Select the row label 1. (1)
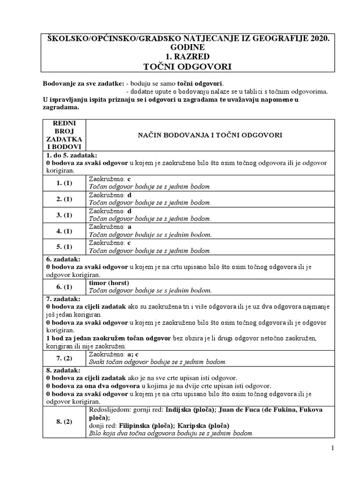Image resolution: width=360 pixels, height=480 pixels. [64, 183]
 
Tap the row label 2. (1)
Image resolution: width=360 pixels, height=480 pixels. [64, 199]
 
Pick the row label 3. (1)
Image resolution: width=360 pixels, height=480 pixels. [64, 215]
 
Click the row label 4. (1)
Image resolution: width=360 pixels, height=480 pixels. [64, 231]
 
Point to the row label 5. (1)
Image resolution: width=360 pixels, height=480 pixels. [64, 247]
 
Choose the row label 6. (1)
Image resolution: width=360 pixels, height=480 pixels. [64, 286]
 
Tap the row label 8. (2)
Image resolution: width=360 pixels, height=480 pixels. [64, 421]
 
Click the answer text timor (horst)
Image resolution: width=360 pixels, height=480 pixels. [108, 283]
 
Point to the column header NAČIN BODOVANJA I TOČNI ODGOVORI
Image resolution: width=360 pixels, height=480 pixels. [210, 135]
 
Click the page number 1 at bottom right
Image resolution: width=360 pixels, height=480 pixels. [333, 448]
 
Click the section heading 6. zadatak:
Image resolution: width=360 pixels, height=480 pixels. [63, 259]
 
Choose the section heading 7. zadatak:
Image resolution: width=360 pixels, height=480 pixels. [63, 299]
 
